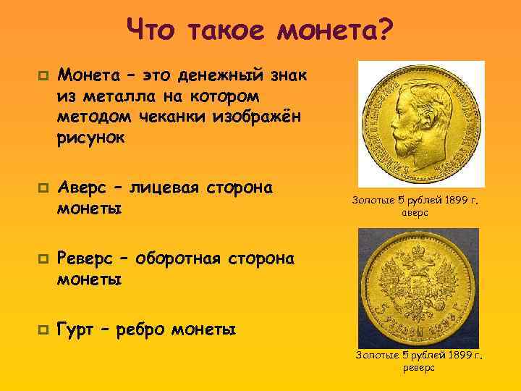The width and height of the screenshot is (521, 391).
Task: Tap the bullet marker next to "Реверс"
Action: (x=43, y=258)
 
